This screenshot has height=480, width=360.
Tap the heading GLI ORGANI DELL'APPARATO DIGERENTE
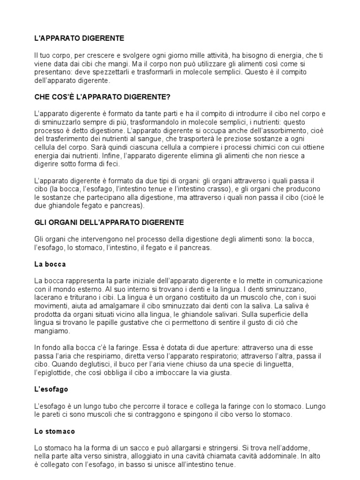coord(109,222)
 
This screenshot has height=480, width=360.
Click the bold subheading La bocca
coord(50,264)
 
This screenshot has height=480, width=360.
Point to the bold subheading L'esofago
coord(52,390)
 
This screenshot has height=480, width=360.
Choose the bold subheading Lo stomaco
coord(55,431)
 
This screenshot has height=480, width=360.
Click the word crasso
coord(215,189)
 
